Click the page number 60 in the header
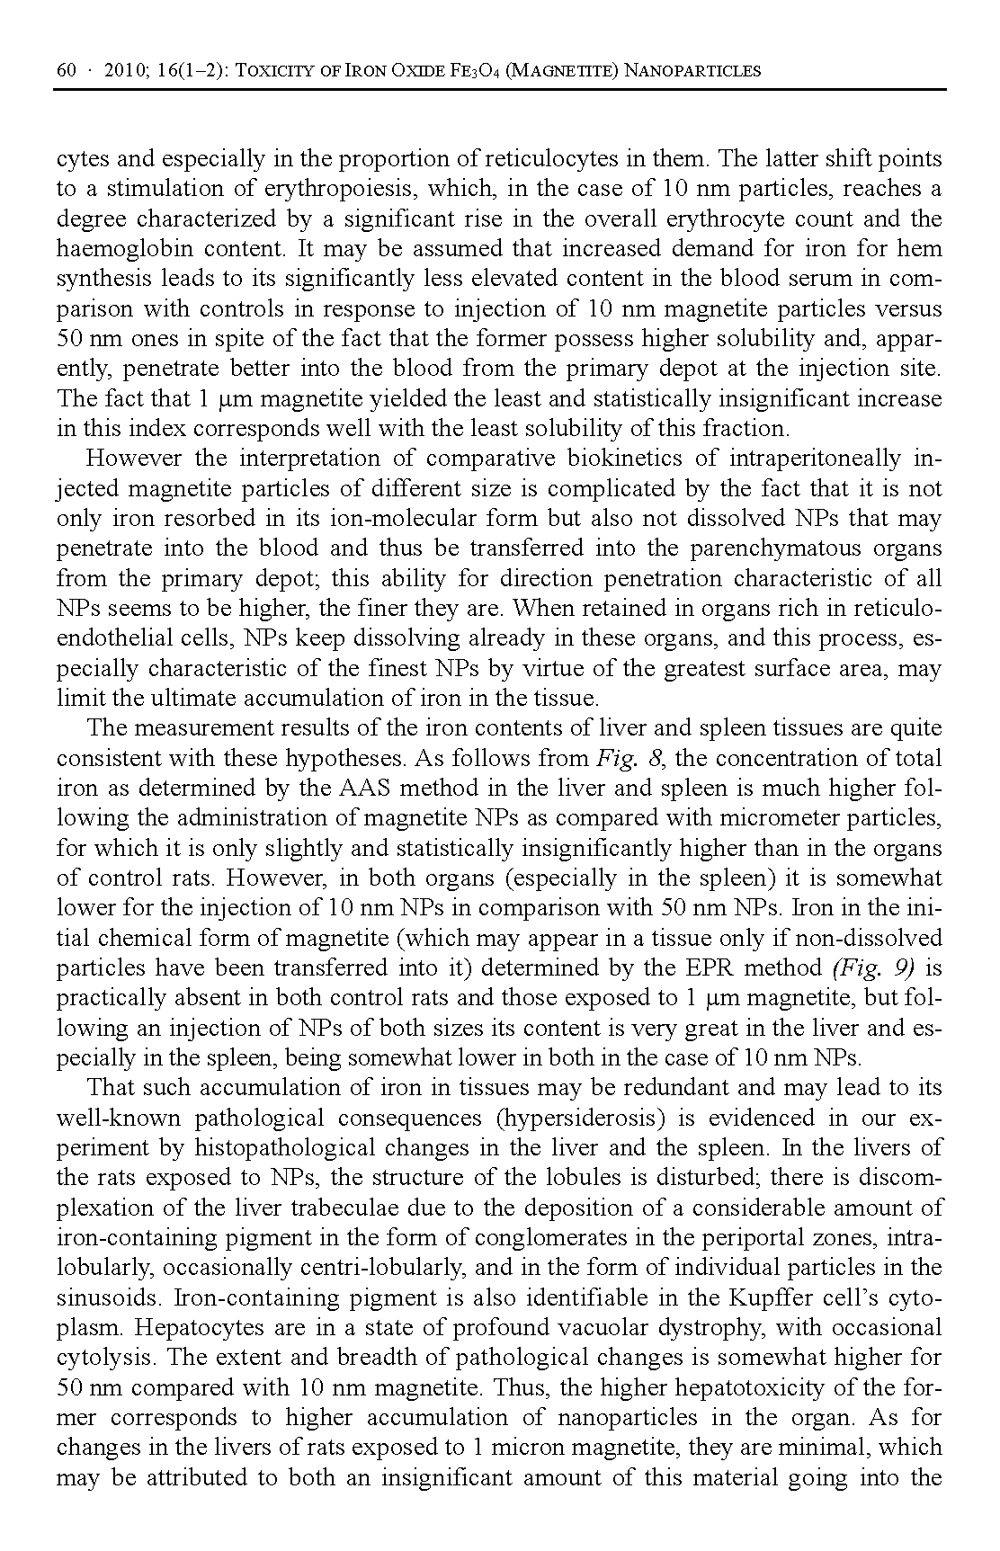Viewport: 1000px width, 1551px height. pyautogui.click(x=67, y=70)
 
